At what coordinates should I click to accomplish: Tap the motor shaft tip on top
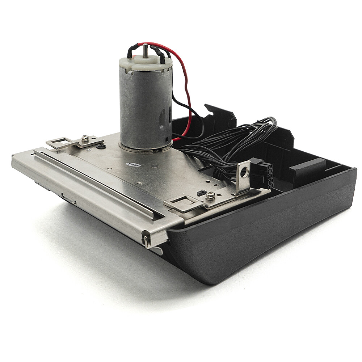pos(145,45)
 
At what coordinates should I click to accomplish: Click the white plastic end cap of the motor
pos(146,63)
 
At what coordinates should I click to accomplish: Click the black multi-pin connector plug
pos(263,172)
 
